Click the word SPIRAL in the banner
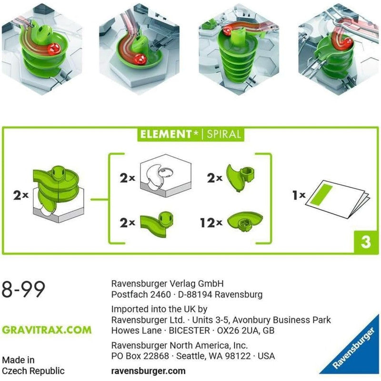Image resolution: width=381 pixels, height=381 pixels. [222, 134]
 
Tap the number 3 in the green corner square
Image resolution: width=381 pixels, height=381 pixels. [365, 242]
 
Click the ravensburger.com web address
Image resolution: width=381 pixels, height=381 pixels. [148, 370]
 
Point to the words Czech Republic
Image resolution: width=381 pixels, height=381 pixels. [33, 371]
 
